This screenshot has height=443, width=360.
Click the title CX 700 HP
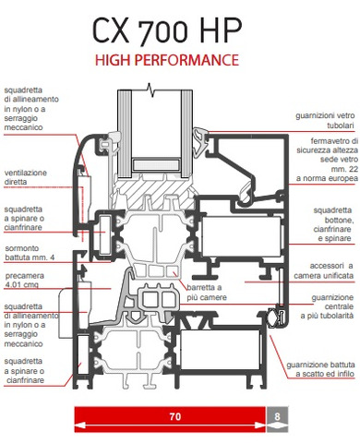tap(167, 31)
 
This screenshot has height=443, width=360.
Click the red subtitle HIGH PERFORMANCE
tap(167, 60)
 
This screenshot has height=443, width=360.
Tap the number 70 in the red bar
tap(175, 416)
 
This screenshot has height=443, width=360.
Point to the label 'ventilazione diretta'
tap(26, 177)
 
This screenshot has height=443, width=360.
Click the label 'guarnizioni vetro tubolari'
tap(325, 120)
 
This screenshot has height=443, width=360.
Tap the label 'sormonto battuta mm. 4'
tap(30, 253)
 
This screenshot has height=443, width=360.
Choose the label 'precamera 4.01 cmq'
tap(25, 280)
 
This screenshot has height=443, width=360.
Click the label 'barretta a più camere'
tap(207, 293)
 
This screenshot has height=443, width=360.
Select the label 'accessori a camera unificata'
tap(323, 270)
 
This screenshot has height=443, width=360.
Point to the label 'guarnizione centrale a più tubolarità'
tap(327, 306)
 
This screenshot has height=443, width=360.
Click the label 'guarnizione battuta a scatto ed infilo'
tap(320, 369)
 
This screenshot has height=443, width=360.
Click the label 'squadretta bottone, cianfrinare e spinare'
tap(332, 224)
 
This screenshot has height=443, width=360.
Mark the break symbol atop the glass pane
tap(150, 90)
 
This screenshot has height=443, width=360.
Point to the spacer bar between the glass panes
tap(156, 164)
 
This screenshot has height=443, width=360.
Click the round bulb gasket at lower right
tap(272, 317)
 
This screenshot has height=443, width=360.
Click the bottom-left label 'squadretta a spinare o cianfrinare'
tap(25, 370)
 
